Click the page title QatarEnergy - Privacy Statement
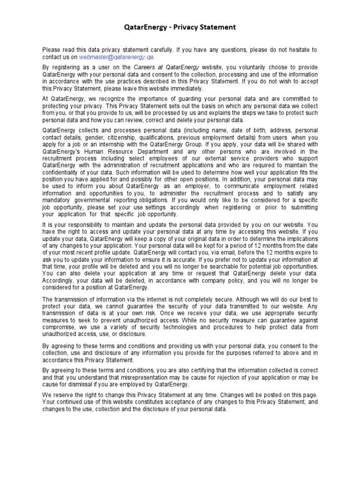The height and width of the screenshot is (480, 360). pyautogui.click(x=180, y=28)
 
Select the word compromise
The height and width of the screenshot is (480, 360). pyautogui.click(x=60, y=327)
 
